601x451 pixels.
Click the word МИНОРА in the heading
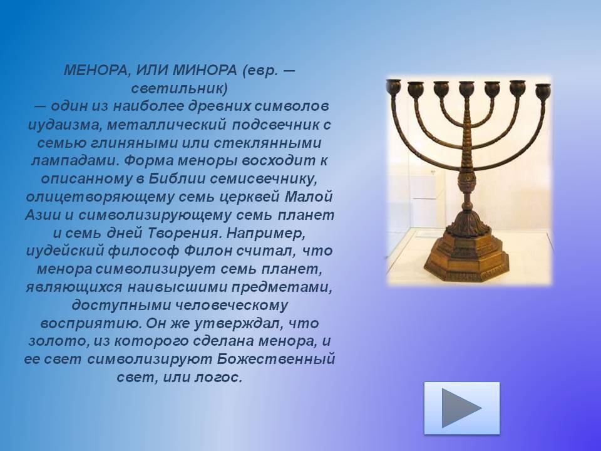[205, 70]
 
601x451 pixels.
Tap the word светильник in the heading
[177, 88]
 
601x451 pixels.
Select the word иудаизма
[64, 125]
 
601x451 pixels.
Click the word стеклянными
[268, 143]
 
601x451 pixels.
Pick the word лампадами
[74, 160]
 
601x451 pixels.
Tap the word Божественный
[276, 359]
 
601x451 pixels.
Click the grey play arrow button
[461, 408]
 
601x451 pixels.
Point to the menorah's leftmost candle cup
[393, 86]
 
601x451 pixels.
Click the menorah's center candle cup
[466, 88]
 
